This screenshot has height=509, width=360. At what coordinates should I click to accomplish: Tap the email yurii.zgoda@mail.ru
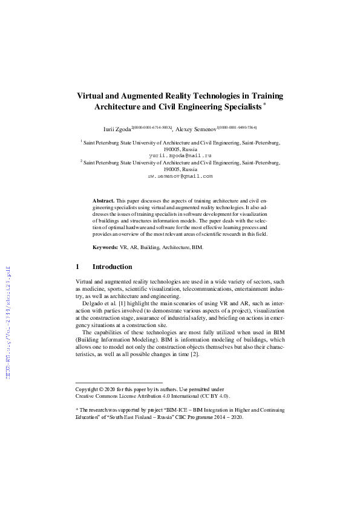click(180, 155)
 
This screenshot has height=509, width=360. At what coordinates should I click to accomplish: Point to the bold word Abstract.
click(103, 199)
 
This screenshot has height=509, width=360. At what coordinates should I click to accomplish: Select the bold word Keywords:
click(105, 248)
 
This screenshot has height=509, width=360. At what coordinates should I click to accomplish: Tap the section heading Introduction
click(112, 267)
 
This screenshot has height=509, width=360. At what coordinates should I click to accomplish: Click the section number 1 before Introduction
click(77, 267)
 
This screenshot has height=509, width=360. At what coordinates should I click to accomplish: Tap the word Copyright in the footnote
click(87, 389)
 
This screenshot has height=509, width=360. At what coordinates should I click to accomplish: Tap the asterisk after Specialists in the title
click(265, 104)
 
